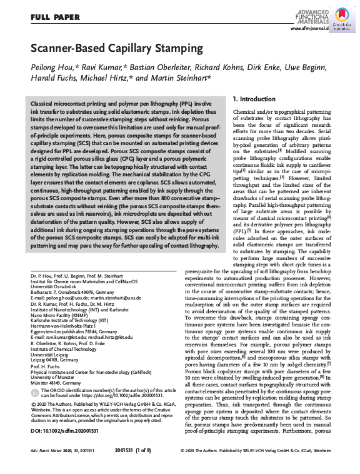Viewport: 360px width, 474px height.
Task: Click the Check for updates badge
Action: coord(343,21)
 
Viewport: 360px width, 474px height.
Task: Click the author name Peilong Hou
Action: coord(52,68)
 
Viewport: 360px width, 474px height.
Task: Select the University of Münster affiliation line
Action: coord(56,378)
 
